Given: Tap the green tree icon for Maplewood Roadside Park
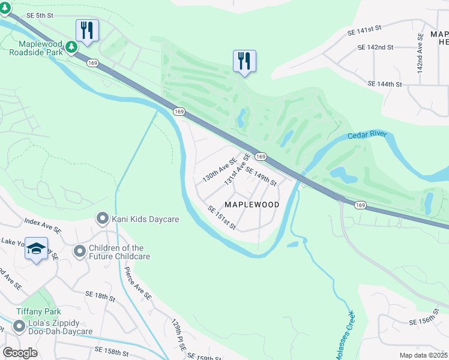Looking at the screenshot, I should tap(71, 47).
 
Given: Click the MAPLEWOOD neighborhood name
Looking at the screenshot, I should tap(252, 205).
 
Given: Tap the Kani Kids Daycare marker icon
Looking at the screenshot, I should tap(102, 219).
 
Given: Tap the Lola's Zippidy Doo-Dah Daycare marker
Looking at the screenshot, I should tap(19, 326).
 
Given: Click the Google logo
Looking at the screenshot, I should tap(20, 352).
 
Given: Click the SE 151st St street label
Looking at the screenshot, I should tap(222, 218).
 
